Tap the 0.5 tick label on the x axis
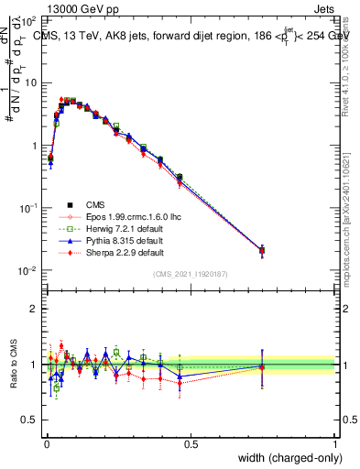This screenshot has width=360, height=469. coord(191,443)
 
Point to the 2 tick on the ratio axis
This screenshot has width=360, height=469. coord(32,309)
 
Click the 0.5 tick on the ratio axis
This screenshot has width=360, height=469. coord(27,420)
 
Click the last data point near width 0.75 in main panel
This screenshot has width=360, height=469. coord(262,250)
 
